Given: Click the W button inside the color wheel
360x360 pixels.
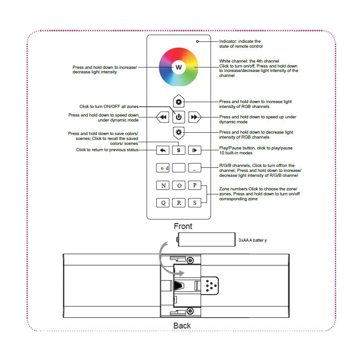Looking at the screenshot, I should pos(179,67).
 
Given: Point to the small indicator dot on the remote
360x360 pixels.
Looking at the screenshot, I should pos(197,41).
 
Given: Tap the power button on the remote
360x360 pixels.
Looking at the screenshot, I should pos(179,117).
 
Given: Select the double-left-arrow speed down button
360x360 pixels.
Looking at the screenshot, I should pos(162,117).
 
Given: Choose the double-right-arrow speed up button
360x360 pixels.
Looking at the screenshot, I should pos(194,117).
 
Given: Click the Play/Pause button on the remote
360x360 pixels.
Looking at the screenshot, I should pos(194,150).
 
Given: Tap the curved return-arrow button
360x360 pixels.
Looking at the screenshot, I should pos(162,150).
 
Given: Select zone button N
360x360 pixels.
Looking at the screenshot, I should pos(162,185).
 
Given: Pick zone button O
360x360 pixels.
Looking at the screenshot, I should pos(179,185).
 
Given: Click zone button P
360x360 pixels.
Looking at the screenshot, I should pos(194,185).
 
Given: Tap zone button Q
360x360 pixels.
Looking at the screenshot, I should pos(162,202).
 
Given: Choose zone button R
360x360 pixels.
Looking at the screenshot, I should pos(179,202).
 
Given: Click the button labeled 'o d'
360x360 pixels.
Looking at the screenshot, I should pos(162,168).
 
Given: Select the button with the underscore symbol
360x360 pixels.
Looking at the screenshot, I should pos(194,168).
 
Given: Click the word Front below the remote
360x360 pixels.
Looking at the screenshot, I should pos(183,226).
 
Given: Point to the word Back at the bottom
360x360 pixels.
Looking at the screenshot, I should pos(182,325).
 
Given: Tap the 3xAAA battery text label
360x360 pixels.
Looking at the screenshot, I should pos(252,240).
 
